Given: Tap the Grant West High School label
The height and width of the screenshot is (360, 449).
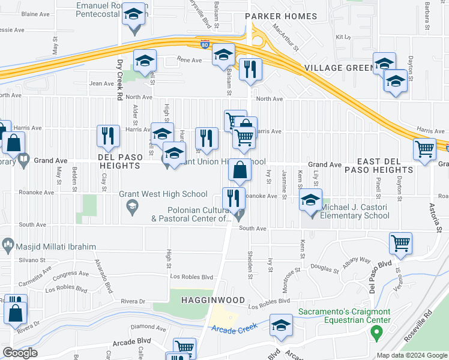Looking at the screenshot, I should [163, 194].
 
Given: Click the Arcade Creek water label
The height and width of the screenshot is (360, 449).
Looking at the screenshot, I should [234, 328].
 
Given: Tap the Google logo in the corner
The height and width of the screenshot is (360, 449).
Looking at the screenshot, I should [20, 353].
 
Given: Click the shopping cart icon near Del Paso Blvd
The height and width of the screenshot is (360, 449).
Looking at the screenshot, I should [400, 243].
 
